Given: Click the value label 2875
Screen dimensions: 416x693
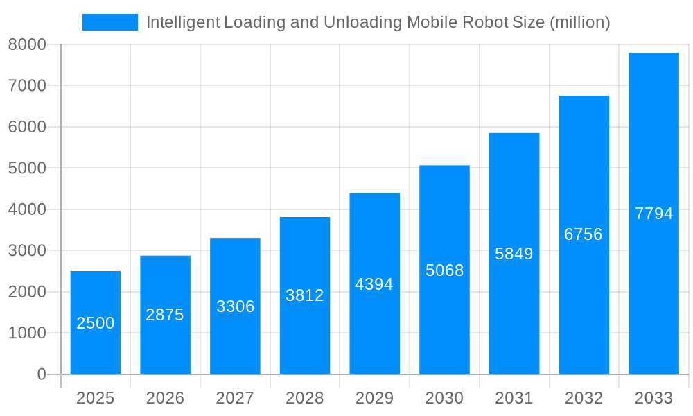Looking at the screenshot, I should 165,315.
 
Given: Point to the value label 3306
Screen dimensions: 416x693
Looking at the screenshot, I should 236,306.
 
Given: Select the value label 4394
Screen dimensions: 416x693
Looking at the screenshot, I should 374,284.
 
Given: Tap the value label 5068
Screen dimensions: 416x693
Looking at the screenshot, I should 445,270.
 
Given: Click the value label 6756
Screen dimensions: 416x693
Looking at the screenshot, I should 584,234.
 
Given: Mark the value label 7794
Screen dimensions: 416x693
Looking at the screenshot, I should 653,214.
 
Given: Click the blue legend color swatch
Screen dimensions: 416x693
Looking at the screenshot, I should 110,22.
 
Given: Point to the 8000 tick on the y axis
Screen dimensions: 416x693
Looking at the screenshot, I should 27,44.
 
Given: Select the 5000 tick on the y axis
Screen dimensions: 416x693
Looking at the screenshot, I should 27,168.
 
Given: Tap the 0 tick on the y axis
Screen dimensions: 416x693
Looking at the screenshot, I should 41,374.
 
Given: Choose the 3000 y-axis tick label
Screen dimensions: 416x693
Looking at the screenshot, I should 27,250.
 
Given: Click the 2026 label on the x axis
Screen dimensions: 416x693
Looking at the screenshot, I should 165,398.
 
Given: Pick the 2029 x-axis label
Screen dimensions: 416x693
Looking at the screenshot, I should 374,398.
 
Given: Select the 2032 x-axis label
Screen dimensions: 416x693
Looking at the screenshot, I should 584,398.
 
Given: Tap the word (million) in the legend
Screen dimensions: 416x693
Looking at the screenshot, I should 579,22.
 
